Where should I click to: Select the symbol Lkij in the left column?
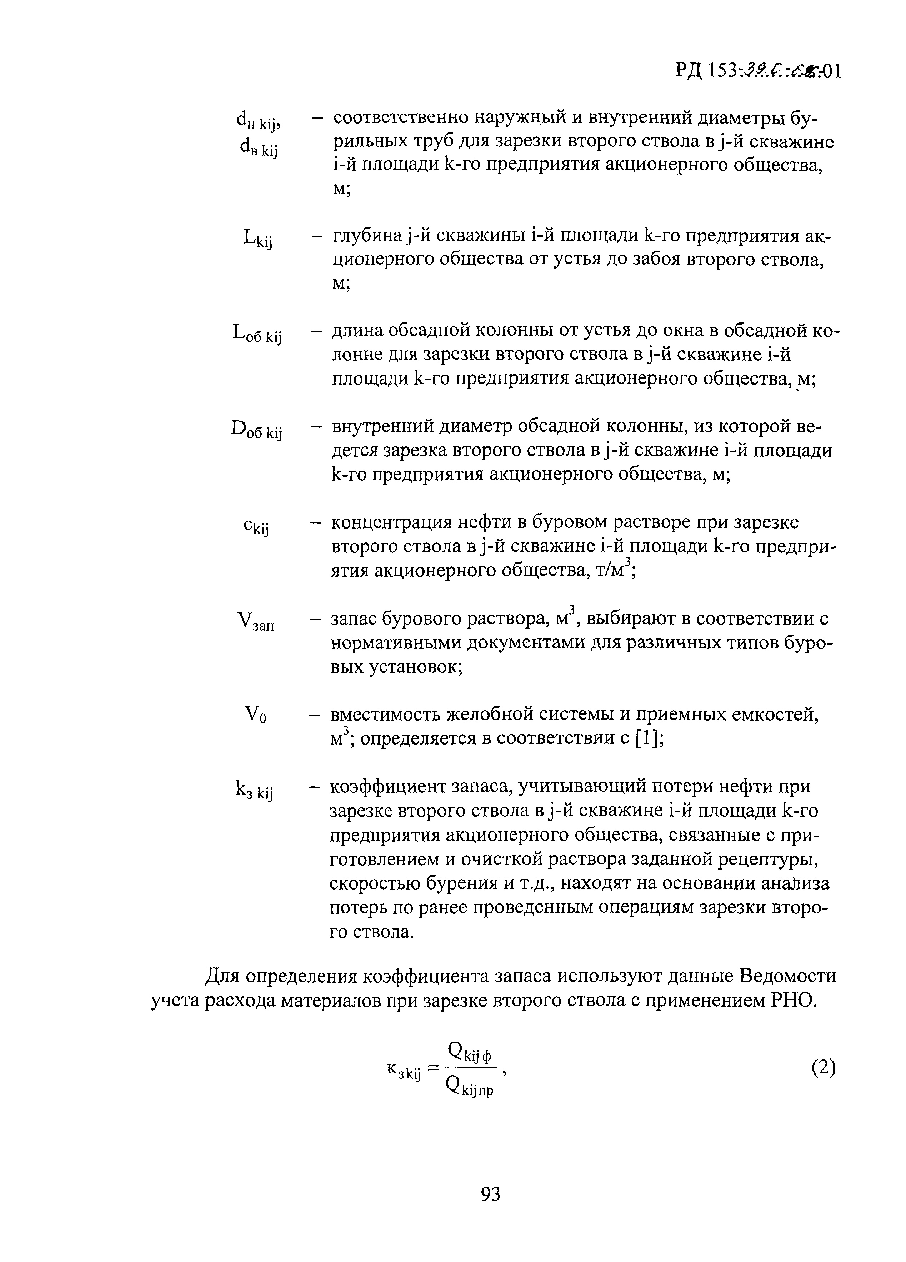pos(258,240)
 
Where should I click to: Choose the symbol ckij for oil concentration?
pos(256,526)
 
